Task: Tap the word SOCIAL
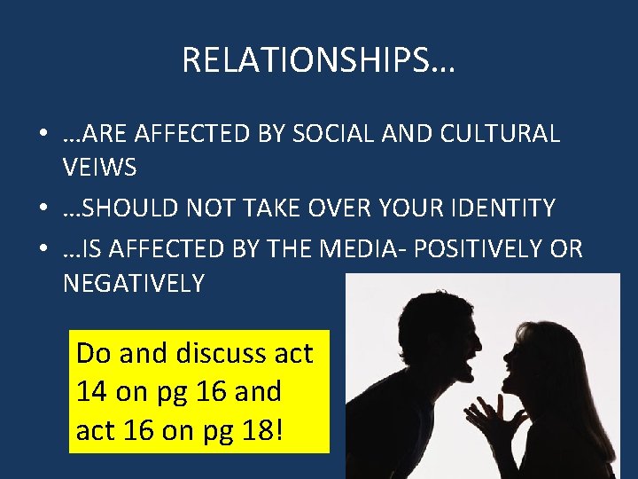[x=342, y=134]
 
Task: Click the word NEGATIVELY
[x=133, y=283]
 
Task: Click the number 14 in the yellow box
[x=91, y=390]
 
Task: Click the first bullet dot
[x=43, y=135]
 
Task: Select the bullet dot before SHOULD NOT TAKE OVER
[x=43, y=209]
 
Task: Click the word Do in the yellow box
[x=94, y=353]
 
